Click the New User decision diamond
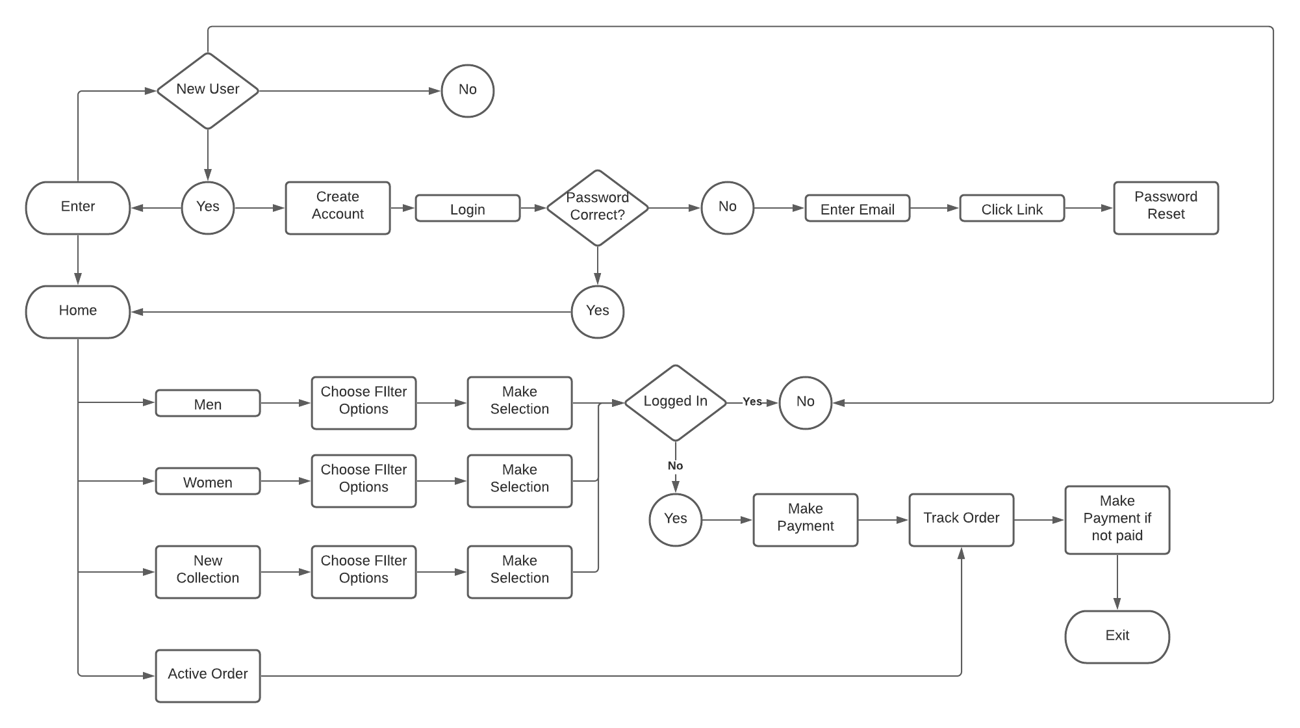click(208, 90)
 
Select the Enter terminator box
click(78, 207)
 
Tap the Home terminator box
click(78, 311)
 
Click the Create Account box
click(338, 207)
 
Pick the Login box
click(468, 208)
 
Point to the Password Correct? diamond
click(598, 207)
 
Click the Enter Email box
click(858, 208)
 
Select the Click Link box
click(1012, 208)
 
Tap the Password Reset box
click(1166, 207)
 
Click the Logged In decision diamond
click(676, 402)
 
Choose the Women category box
click(208, 481)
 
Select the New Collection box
click(208, 571)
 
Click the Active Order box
click(208, 675)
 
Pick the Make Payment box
click(806, 519)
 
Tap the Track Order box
click(962, 519)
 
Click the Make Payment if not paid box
click(1117, 519)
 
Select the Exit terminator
click(1117, 636)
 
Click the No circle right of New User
click(468, 90)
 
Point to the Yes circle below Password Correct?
click(598, 311)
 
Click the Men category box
click(208, 403)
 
